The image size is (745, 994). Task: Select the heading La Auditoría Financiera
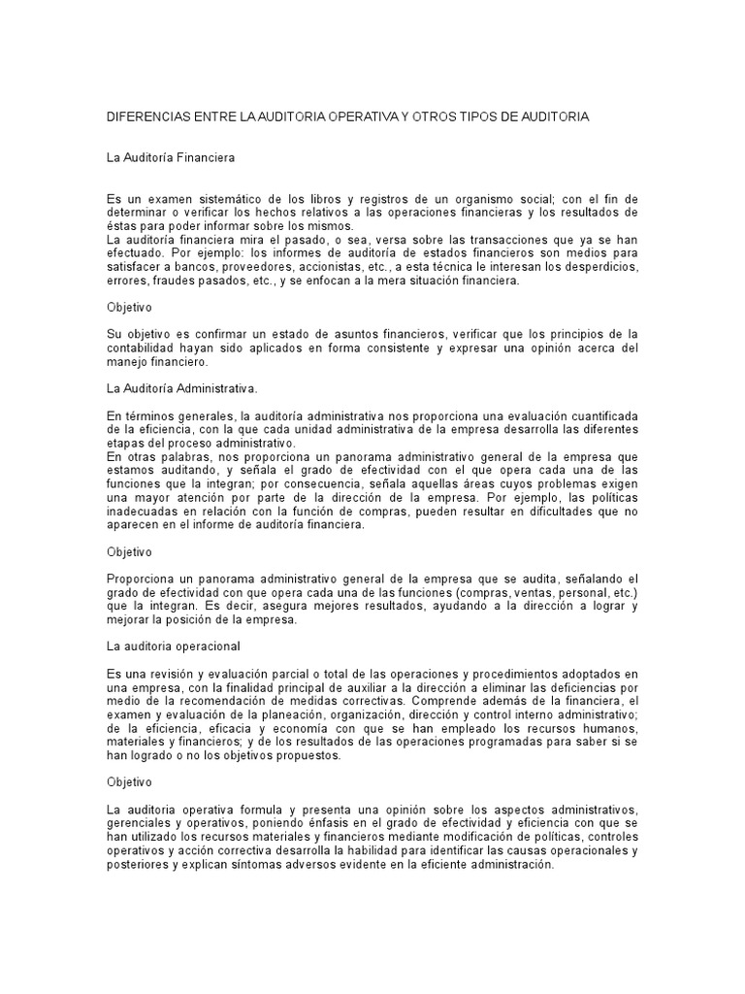(169, 155)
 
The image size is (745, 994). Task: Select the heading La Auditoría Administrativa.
(181, 388)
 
